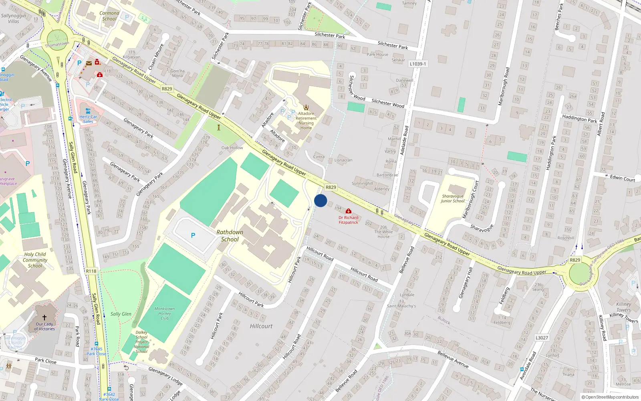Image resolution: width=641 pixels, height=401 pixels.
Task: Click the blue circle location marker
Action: [x=320, y=200]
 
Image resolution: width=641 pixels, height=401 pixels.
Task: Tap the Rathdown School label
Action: [x=230, y=236]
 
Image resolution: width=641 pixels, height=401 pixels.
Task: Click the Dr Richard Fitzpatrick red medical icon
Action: [x=349, y=211]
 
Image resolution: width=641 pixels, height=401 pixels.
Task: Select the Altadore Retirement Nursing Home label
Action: [x=306, y=121]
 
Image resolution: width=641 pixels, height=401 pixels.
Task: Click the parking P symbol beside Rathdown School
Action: [x=193, y=235]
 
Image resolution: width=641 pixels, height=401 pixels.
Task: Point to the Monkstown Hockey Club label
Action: [x=165, y=314]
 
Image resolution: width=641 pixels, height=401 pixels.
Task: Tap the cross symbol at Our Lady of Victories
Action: [x=44, y=317]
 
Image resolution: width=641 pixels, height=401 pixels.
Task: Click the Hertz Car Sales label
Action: [x=88, y=119]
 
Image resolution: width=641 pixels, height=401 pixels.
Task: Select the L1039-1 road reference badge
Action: [x=418, y=64]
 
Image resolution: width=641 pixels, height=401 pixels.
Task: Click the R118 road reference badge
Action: [x=91, y=271]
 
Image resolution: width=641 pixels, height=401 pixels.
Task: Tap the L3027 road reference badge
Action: [x=542, y=338]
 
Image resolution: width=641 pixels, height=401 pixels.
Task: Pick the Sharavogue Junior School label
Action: [x=453, y=199]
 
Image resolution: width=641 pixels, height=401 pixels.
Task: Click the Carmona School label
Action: [x=109, y=16]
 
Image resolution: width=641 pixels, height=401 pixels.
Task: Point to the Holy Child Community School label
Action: [x=35, y=260]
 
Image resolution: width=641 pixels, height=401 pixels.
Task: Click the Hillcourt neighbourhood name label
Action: [x=261, y=326]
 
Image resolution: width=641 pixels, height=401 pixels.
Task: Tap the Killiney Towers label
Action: [x=623, y=307]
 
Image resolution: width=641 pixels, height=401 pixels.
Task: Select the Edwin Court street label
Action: [x=622, y=178]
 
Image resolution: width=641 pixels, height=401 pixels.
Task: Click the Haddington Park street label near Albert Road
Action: [x=579, y=119]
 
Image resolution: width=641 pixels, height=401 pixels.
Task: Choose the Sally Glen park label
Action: [x=121, y=314]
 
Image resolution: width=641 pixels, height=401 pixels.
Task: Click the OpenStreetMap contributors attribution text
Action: [x=610, y=397]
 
